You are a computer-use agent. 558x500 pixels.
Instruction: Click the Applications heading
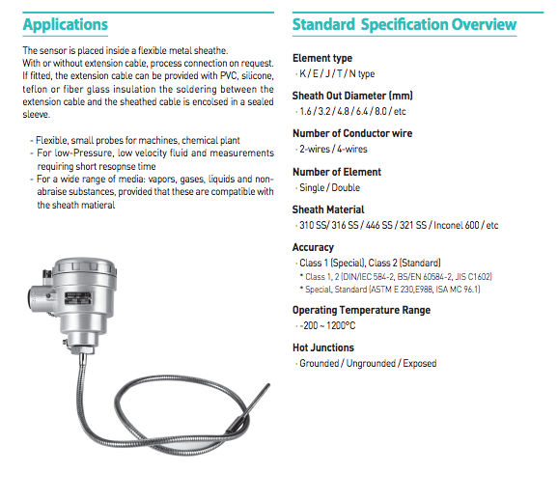65,25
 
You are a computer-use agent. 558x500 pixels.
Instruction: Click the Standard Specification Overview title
405,25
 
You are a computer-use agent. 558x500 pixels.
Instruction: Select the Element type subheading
322,58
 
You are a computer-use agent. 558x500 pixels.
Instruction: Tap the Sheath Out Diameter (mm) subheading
352,96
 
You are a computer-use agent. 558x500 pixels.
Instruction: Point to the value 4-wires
352,149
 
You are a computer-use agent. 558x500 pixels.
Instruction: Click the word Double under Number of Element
346,187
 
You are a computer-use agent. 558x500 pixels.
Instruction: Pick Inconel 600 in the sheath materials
457,225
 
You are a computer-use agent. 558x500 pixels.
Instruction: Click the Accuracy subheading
313,247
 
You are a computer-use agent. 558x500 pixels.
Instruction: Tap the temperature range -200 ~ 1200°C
327,325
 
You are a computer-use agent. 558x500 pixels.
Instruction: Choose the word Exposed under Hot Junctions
420,363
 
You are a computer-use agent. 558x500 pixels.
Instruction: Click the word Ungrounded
371,363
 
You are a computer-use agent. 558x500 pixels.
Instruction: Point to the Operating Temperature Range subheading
362,310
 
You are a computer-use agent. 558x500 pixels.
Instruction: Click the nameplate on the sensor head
78,298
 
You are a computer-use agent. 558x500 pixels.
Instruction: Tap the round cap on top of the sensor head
85,267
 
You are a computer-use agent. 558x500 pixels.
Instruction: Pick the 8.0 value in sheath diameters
380,111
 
